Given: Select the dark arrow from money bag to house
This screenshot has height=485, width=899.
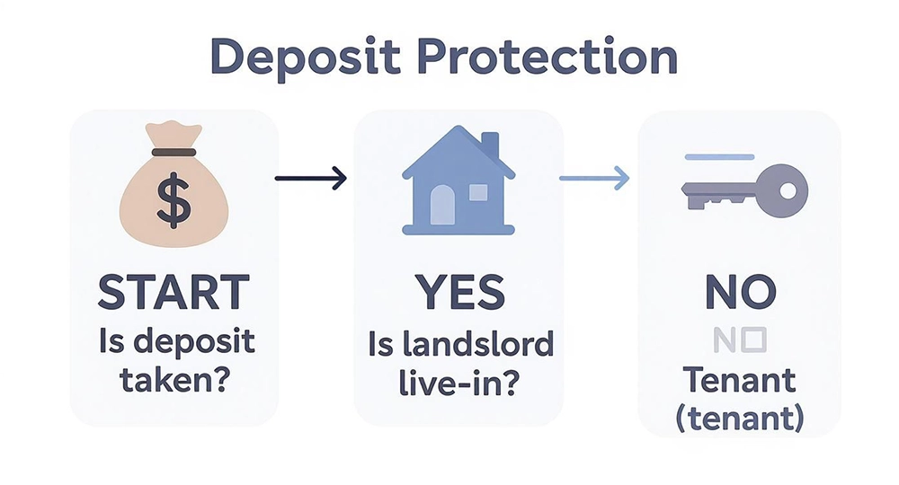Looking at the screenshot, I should coord(310,178).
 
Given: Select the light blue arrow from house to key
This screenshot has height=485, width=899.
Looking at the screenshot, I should coord(593,178).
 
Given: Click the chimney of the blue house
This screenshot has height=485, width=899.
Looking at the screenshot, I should coord(490,145).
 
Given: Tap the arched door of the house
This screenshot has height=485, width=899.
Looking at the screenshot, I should coord(442,207).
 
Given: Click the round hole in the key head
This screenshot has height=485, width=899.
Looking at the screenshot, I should coord(788,190).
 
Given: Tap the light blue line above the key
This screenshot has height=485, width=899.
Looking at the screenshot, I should coord(719,157).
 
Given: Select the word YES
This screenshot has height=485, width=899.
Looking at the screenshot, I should coord(460,293).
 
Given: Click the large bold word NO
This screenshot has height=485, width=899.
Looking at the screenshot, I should coord(739,293).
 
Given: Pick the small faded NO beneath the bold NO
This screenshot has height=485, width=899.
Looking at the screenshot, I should coord(738,339).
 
